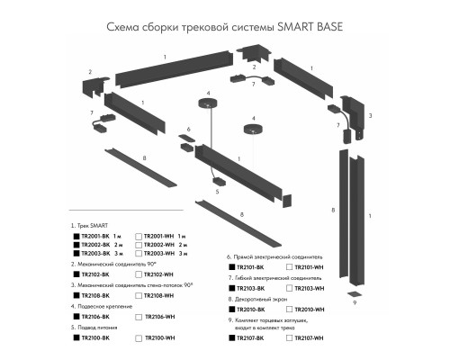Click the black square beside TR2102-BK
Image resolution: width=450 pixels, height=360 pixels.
click(x=76, y=274)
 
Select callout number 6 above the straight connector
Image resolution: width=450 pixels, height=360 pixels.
click(x=189, y=129)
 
